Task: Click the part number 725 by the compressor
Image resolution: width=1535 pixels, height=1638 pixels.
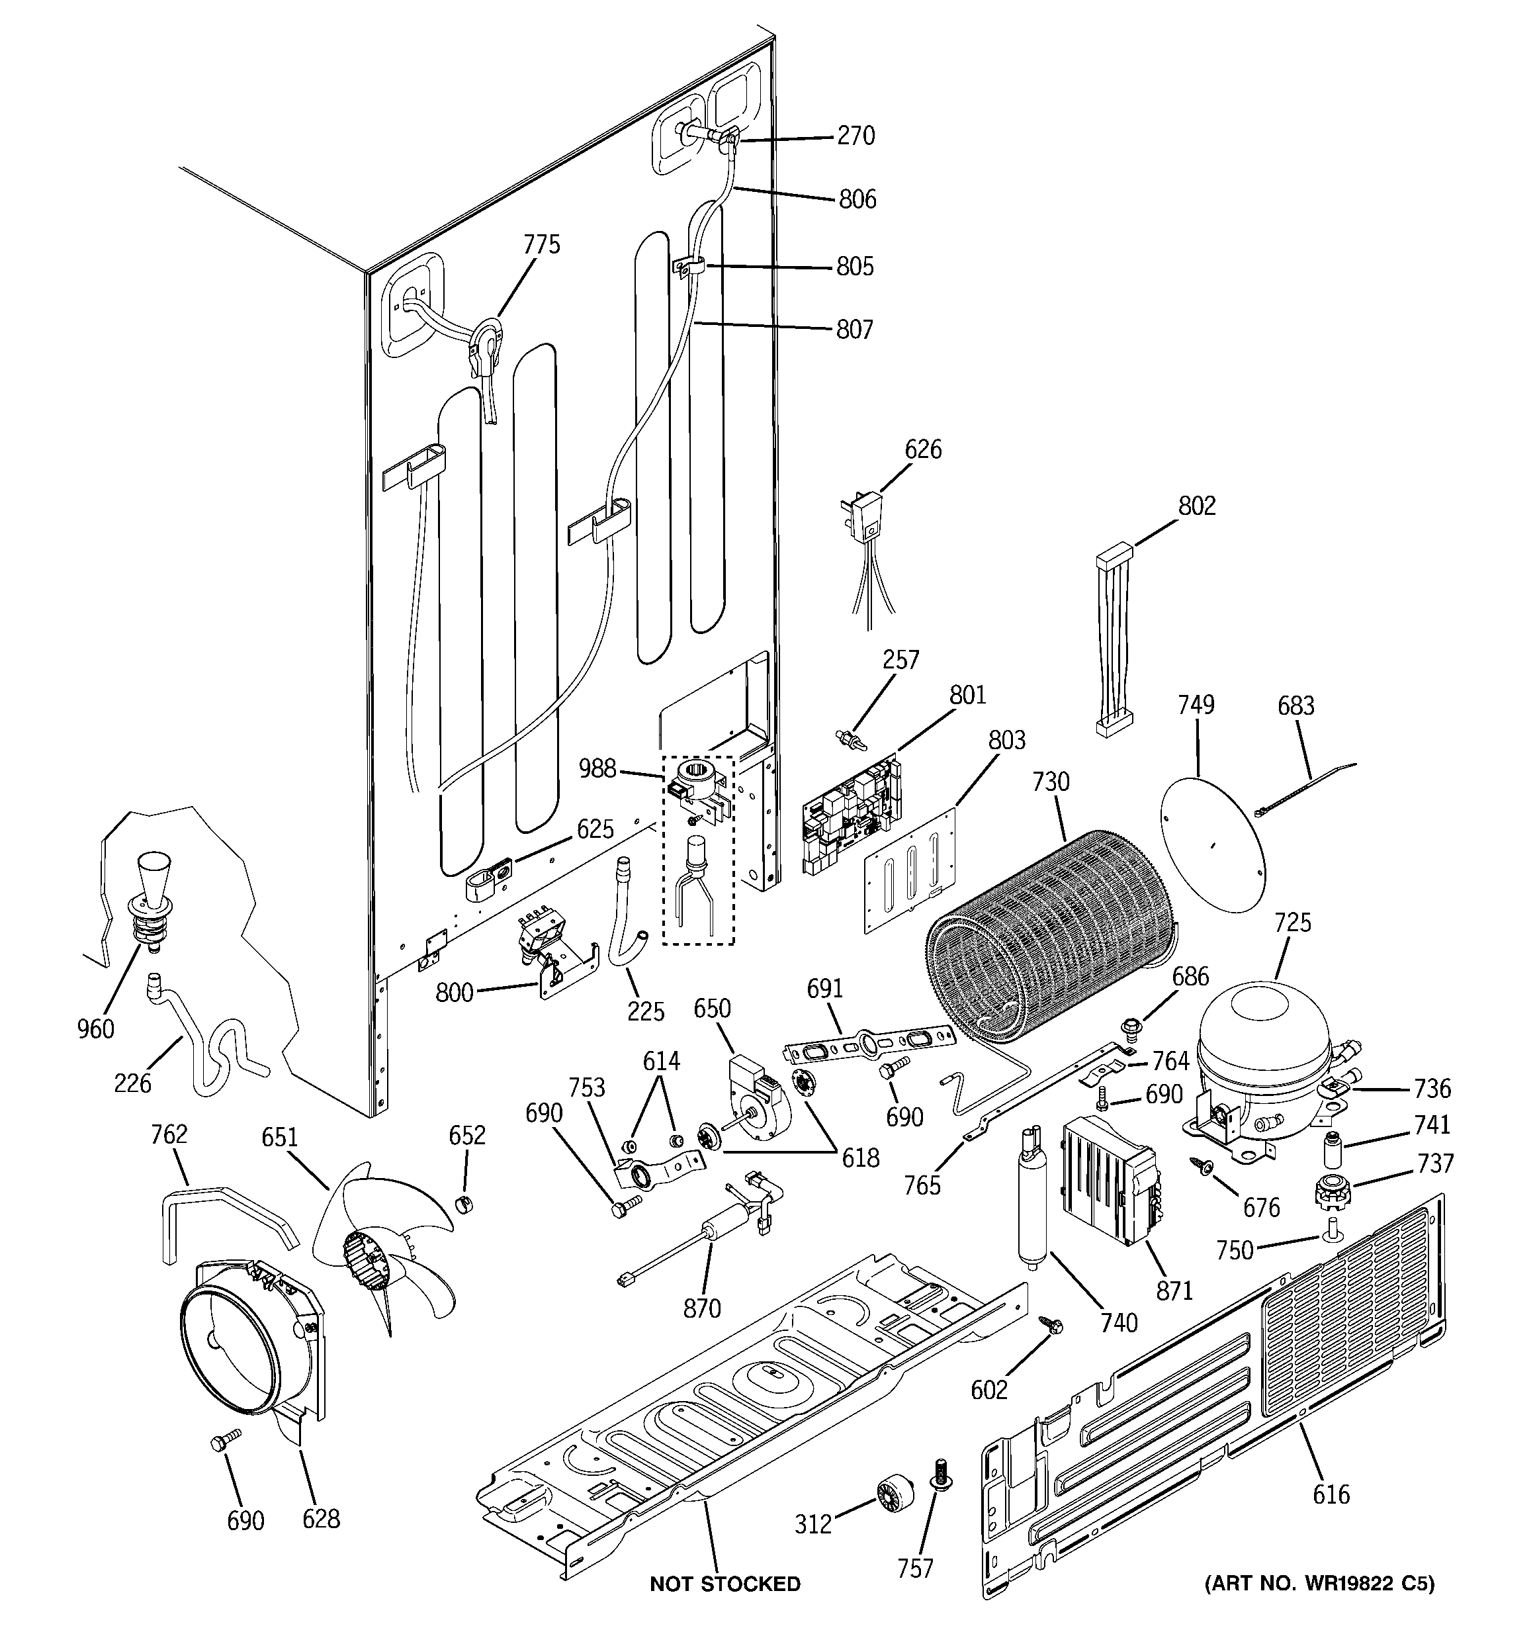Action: pyautogui.click(x=1292, y=923)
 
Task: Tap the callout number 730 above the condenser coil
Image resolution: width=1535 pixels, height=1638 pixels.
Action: pyautogui.click(x=1051, y=782)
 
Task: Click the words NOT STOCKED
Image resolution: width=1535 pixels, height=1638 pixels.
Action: pyautogui.click(x=724, y=1584)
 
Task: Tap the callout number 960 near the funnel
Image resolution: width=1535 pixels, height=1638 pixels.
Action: pyautogui.click(x=95, y=1028)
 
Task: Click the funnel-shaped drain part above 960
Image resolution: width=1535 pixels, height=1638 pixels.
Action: pyautogui.click(x=153, y=894)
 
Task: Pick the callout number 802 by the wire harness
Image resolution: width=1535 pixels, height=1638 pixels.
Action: pyautogui.click(x=1196, y=506)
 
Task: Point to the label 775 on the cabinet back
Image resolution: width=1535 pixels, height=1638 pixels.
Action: pyautogui.click(x=541, y=245)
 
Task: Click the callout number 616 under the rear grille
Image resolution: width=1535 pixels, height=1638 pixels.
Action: pyautogui.click(x=1331, y=1493)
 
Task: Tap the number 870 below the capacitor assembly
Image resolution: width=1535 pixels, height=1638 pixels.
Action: pyautogui.click(x=702, y=1308)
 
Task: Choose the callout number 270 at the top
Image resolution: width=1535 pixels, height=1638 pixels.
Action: pyautogui.click(x=855, y=136)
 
